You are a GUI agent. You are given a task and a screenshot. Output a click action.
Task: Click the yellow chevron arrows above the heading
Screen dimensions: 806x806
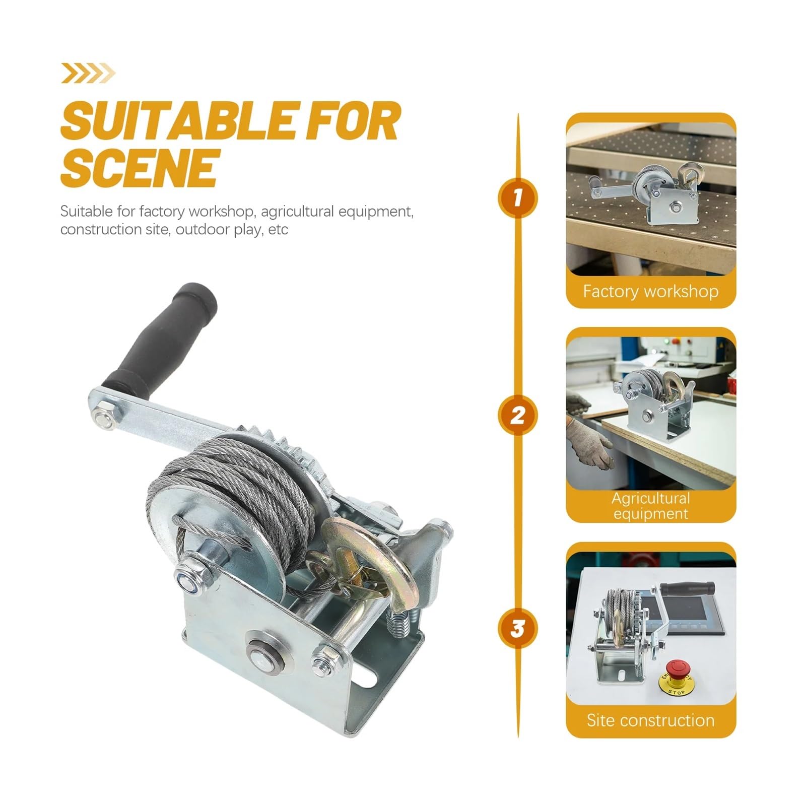[88, 73]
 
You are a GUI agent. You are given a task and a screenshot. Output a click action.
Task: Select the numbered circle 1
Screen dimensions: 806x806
[518, 197]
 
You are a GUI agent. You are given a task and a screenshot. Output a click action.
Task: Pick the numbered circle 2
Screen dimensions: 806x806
[518, 416]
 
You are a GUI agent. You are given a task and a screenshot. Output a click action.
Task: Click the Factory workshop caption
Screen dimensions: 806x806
[651, 291]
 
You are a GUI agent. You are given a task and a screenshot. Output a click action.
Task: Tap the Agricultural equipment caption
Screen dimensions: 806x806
[651, 505]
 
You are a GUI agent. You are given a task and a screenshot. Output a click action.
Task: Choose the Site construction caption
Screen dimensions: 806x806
[651, 720]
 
